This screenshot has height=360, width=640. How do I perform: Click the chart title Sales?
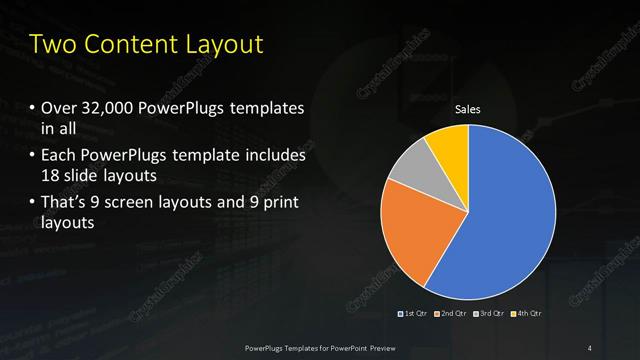[468, 109]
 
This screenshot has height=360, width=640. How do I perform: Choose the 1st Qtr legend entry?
[415, 314]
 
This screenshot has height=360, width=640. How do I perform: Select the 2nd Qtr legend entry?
[452, 314]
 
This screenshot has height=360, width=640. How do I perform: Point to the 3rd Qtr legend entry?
[490, 314]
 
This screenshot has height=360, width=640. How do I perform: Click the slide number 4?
[589, 347]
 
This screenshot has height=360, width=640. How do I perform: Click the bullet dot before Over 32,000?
[32, 108]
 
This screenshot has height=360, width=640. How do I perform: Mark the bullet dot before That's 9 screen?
[32, 204]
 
